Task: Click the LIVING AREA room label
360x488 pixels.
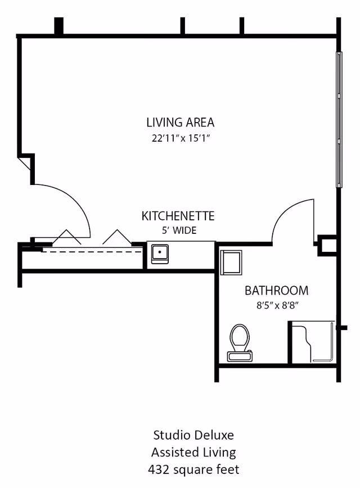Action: pyautogui.click(x=180, y=122)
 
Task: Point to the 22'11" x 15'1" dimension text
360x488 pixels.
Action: pyautogui.click(x=180, y=138)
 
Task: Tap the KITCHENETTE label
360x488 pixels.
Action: pyautogui.click(x=178, y=216)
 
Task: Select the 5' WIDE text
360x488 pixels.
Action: pyautogui.click(x=178, y=230)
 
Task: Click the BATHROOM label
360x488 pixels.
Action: pyautogui.click(x=276, y=291)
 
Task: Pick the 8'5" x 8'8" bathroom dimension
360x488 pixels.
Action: pyautogui.click(x=277, y=306)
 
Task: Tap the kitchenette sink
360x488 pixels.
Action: pyautogui.click(x=161, y=253)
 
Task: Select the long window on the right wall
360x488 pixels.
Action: pyautogui.click(x=339, y=119)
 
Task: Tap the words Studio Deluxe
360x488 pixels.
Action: pyautogui.click(x=193, y=435)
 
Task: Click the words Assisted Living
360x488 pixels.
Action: pyautogui.click(x=193, y=452)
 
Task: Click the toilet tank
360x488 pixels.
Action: pyautogui.click(x=240, y=356)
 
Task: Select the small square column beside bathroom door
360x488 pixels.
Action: pyautogui.click(x=326, y=245)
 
